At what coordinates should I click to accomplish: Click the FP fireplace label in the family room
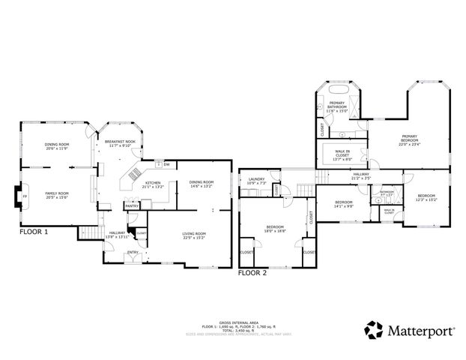24,196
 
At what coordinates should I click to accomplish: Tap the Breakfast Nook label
120,143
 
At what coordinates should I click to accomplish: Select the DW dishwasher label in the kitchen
166,164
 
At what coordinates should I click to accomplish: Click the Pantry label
131,205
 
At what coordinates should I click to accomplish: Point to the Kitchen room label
152,184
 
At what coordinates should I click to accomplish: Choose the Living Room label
193,235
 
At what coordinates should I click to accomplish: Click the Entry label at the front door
133,252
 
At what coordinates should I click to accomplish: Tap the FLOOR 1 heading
34,232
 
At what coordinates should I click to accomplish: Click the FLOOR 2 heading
252,273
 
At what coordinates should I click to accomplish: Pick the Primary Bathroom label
337,104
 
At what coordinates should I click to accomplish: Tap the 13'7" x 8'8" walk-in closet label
342,156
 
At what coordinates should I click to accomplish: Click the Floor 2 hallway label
360,176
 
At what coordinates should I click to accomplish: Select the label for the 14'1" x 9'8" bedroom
343,203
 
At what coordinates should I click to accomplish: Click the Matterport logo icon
374,329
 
